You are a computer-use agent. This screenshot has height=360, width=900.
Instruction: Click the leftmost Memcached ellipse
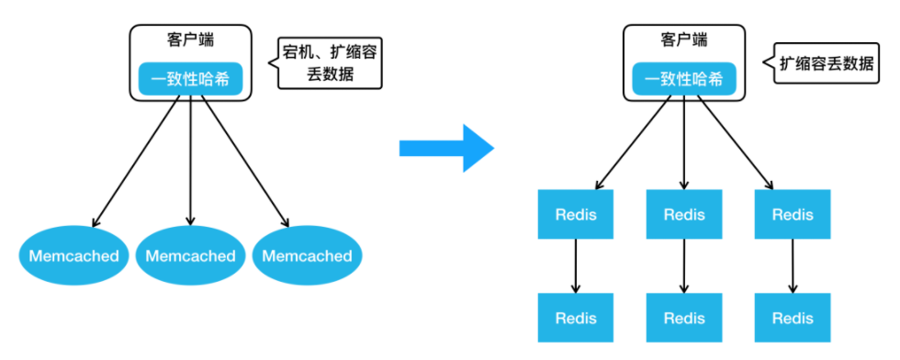pos(73,255)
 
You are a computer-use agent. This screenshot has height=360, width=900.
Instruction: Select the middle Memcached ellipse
pos(190,255)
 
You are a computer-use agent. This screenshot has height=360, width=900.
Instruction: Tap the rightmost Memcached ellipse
pos(307,255)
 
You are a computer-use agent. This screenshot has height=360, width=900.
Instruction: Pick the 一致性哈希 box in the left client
pos(190,79)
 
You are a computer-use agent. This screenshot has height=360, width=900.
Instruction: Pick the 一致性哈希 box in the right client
pos(683,79)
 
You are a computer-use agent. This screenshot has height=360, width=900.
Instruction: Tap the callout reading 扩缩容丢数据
pos(826,63)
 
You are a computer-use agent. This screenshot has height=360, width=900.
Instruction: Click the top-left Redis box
pos(576,215)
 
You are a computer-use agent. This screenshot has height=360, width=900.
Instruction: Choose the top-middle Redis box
pos(684,215)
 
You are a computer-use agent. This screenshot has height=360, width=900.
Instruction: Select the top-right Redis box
pos(793,215)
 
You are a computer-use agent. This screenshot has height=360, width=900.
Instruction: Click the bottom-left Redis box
pos(576,319)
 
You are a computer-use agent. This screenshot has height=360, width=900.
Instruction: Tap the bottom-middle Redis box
pos(684,319)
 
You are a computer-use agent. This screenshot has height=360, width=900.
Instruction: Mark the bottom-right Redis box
pos(793,319)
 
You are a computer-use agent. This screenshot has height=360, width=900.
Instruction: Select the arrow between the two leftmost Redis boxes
pos(576,266)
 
